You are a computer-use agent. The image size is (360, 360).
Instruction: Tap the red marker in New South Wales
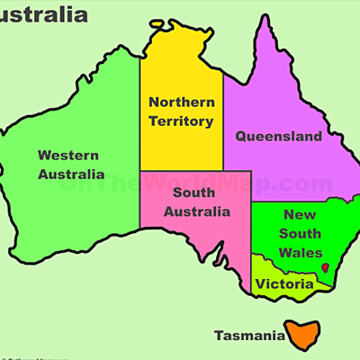click(324, 267)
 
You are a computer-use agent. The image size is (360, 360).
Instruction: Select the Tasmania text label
click(248, 337)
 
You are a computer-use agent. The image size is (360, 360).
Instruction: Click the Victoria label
click(283, 284)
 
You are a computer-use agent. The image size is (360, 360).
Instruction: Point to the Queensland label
click(278, 137)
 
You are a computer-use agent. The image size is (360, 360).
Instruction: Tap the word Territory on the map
click(181, 121)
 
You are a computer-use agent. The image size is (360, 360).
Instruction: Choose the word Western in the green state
click(68, 155)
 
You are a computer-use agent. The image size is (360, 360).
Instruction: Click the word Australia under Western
click(71, 174)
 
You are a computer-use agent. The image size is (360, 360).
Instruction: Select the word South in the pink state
click(194, 193)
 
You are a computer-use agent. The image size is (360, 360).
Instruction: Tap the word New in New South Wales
click(300, 214)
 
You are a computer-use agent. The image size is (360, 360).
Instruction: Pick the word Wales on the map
click(301, 253)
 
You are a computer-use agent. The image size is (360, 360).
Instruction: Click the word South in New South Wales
click(301, 234)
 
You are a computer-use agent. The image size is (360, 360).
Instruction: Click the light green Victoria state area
click(270, 270)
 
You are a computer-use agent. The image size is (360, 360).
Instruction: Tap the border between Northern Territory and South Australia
click(180, 170)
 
